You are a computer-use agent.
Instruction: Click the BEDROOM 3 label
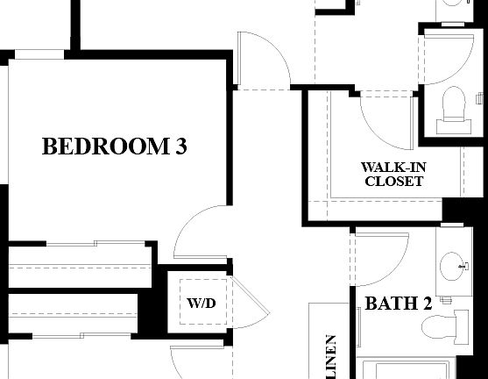[115, 147]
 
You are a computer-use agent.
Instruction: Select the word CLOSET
[394, 182]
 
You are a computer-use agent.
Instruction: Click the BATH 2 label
[399, 304]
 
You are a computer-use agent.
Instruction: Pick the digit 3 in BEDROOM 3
[180, 147]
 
